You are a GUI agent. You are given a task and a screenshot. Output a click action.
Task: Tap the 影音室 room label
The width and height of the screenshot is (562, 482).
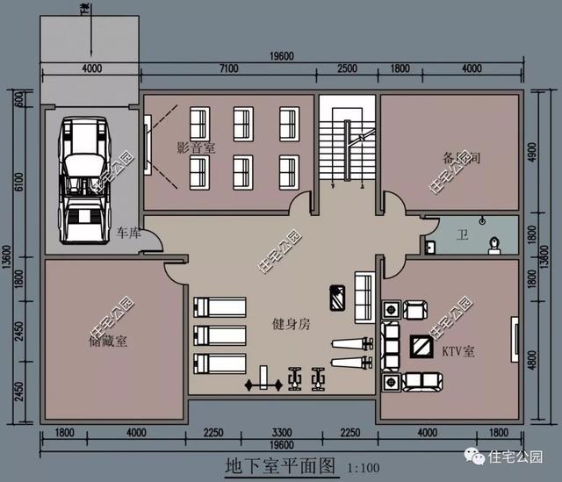coord(195,148)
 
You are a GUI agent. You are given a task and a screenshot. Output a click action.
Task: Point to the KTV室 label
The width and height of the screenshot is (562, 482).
coord(458,350)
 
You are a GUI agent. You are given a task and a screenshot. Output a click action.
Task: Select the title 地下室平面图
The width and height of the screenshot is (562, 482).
coord(280,465)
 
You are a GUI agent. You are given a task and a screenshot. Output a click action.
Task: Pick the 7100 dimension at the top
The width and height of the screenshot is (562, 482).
coord(229,68)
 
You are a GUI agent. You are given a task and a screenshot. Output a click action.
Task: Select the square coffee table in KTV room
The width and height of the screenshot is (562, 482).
coord(422,347)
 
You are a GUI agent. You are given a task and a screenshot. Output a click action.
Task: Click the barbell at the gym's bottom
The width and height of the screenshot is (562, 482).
coord(264,384)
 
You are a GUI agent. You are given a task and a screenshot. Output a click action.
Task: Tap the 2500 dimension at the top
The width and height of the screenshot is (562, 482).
coord(347,68)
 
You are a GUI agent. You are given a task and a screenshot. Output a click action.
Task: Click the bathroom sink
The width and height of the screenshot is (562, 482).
coord(429,247)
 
